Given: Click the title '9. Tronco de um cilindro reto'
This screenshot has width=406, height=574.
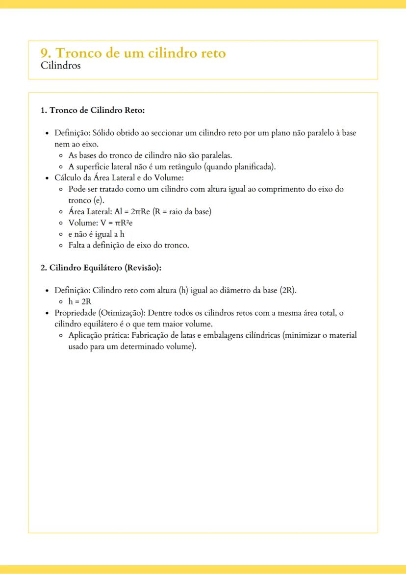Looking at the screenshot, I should coord(133,53).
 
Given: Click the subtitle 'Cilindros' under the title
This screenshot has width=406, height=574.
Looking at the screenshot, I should coord(60,65).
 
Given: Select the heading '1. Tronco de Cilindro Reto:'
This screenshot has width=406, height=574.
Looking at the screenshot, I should coord(92,110).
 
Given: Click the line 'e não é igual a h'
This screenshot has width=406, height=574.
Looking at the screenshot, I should coord(96,234).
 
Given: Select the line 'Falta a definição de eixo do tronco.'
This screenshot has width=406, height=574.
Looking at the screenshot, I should coord(128,246).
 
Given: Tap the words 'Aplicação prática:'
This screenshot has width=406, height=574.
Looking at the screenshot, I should coord(99,335).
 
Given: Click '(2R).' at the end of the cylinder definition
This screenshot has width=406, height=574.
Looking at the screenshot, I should coord(288,290).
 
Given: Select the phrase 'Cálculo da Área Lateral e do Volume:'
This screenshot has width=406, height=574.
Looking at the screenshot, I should coord(119,178).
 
